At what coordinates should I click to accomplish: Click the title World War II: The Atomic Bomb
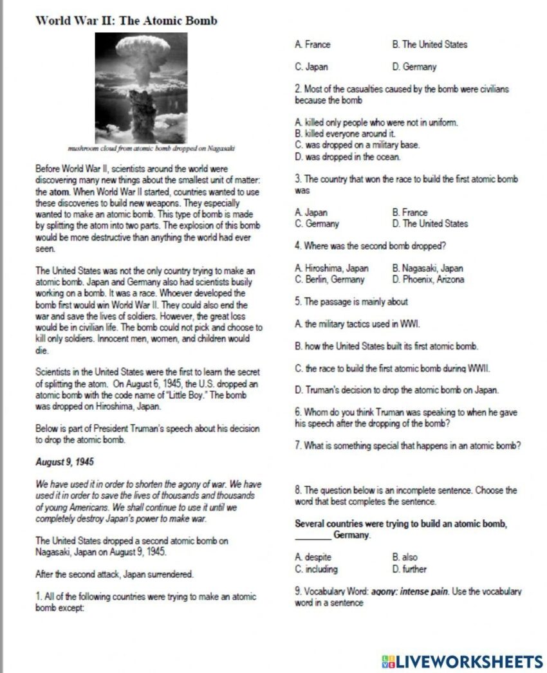(x=126, y=21)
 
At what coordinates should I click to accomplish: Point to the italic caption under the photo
(x=152, y=149)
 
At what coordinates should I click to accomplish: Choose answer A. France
(x=313, y=44)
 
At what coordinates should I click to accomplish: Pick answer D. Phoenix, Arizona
(x=427, y=280)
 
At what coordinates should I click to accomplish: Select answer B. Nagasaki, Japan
(x=427, y=268)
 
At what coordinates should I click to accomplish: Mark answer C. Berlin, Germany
(x=329, y=280)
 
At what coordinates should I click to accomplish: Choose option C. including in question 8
(x=316, y=569)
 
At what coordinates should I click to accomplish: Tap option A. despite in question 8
(x=313, y=557)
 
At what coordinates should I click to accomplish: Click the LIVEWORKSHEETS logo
(x=462, y=661)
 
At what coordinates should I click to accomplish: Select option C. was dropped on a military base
(x=357, y=145)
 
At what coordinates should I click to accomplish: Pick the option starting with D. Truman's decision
(x=396, y=390)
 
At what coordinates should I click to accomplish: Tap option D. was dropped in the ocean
(x=348, y=156)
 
